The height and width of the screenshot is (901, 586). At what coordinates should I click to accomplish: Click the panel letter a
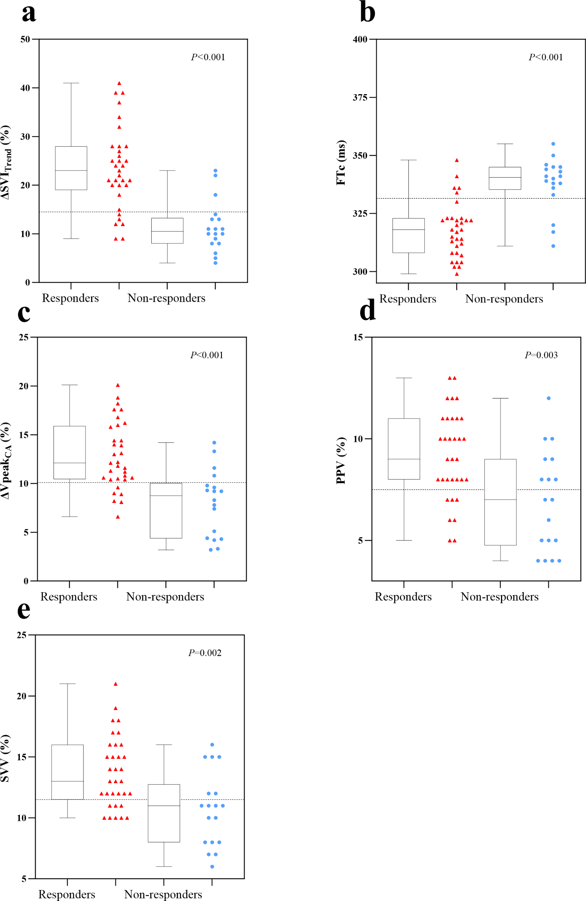29,13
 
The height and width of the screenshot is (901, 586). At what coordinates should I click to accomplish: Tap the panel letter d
368,310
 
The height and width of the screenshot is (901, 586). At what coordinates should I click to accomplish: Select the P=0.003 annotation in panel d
541,355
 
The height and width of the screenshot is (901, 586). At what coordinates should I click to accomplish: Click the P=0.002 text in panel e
205,653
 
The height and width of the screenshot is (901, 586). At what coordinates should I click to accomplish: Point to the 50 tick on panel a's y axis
25,39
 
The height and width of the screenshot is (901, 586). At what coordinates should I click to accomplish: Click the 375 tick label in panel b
360,98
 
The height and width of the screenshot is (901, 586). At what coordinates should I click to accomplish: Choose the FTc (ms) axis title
341,163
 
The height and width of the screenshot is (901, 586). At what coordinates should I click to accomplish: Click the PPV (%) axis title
341,460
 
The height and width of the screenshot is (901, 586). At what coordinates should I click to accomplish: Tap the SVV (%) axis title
5,758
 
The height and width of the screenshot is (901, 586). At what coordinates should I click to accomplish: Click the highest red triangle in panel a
119,83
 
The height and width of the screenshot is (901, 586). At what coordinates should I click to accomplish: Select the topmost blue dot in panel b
553,144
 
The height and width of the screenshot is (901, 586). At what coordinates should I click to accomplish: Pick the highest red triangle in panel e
116,684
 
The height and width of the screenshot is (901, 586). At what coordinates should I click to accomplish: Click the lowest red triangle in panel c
118,517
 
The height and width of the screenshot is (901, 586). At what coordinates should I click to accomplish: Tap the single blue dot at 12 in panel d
548,398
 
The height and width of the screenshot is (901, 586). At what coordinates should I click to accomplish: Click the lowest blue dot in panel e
212,867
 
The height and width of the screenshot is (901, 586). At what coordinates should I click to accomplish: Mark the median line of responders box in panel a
71,170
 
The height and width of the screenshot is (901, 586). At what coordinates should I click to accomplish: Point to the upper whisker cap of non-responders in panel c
166,443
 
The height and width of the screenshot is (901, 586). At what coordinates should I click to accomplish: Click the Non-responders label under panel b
504,299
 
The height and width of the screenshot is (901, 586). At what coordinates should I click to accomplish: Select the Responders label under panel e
67,894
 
